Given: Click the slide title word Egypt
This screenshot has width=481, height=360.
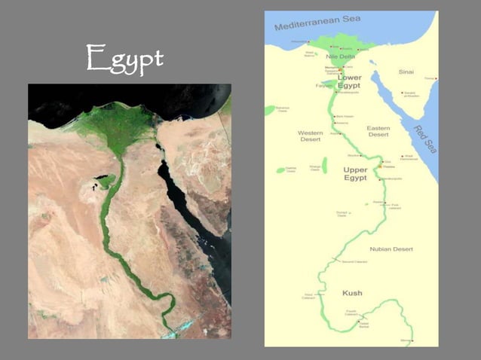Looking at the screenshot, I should pyautogui.click(x=125, y=59).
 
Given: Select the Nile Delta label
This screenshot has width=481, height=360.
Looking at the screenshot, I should pyautogui.click(x=341, y=56).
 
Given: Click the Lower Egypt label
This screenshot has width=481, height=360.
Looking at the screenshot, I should pyautogui.click(x=349, y=81).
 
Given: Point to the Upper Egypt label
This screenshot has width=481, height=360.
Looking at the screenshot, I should pyautogui.click(x=354, y=174).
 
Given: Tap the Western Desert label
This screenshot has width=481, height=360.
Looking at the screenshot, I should pyautogui.click(x=311, y=136).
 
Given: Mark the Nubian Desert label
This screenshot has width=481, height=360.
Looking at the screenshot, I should pyautogui.click(x=391, y=249).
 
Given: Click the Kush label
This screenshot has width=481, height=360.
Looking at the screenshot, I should pyautogui.click(x=352, y=292).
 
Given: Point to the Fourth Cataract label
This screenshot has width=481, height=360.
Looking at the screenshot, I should pyautogui.click(x=351, y=312).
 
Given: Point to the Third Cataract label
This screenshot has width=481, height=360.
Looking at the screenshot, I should pyautogui.click(x=308, y=295).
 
